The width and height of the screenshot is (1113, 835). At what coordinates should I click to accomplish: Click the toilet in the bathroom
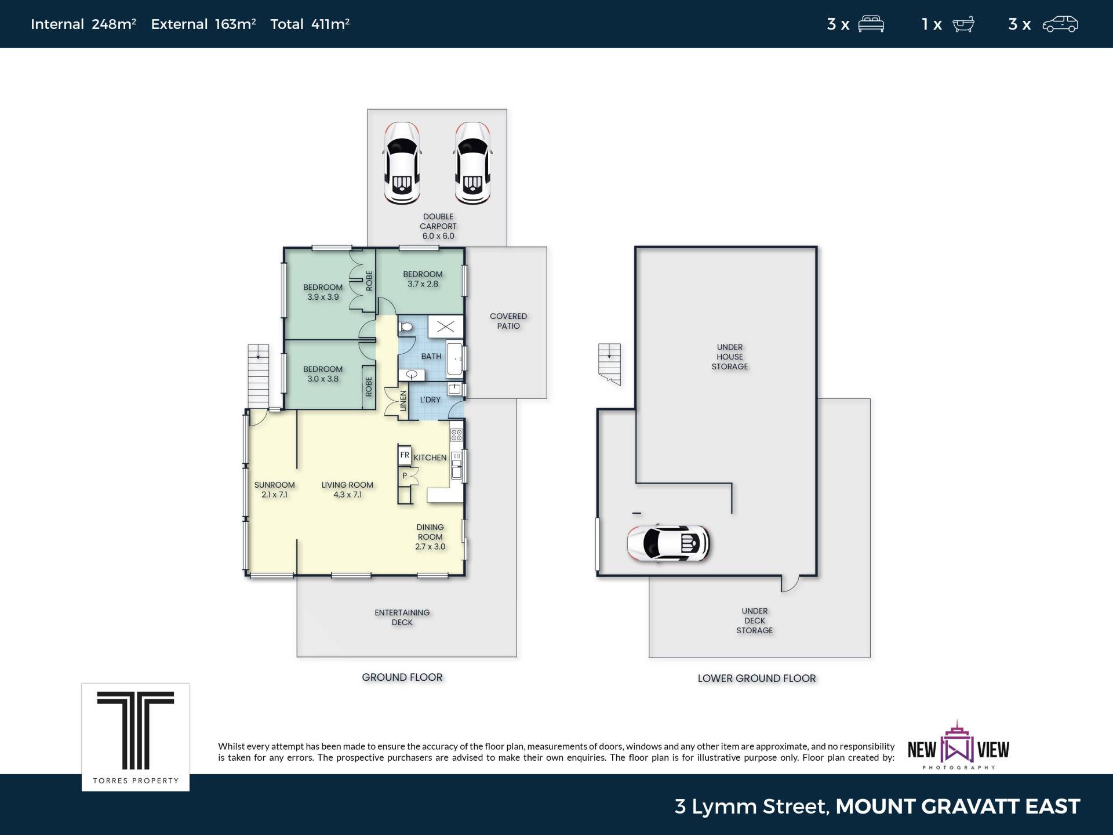405,328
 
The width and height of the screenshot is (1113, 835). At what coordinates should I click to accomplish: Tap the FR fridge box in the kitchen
405,455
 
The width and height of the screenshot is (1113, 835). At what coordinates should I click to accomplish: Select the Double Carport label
438,226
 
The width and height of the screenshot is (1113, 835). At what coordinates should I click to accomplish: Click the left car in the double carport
402,163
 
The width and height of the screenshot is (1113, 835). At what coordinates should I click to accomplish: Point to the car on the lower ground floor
669,543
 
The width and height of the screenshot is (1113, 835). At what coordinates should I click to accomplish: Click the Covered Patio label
508,321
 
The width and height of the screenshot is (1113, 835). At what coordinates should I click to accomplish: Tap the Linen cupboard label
403,401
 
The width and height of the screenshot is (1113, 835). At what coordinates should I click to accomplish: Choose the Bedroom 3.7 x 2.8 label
423,279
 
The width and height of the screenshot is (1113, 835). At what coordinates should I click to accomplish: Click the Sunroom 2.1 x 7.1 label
274,489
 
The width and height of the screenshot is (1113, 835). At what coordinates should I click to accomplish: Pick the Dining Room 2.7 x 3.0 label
430,536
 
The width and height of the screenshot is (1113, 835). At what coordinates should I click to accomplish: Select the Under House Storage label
730,357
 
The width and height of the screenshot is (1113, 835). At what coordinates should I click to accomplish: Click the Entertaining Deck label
402,617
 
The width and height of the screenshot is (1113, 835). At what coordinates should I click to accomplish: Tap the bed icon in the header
871,24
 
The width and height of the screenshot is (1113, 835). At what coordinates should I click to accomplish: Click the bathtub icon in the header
963,24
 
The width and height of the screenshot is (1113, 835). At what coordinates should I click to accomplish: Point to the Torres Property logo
136,737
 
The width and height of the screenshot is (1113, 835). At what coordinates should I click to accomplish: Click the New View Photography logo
958,746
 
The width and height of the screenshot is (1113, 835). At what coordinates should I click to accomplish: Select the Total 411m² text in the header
310,24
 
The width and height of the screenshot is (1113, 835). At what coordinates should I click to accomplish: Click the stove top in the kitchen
457,434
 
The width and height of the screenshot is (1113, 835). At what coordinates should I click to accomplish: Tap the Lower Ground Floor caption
756,678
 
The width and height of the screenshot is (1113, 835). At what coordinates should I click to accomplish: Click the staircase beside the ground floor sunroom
259,376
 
